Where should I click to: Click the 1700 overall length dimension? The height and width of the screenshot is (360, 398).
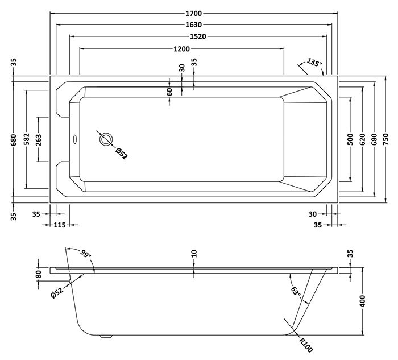point(194,13)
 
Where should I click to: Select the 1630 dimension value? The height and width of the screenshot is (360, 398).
point(194,25)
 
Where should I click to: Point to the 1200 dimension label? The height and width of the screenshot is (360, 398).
point(182,49)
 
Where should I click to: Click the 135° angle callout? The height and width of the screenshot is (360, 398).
point(314,62)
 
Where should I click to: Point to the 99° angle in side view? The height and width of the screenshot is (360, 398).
point(86,253)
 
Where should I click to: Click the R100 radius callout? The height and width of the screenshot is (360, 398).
point(305,343)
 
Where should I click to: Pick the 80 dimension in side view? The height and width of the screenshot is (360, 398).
point(39,274)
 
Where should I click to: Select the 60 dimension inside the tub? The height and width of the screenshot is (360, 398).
point(169,92)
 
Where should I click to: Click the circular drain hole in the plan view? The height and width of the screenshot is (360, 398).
point(106,139)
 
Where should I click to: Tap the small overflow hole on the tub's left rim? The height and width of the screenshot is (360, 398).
point(73,137)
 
